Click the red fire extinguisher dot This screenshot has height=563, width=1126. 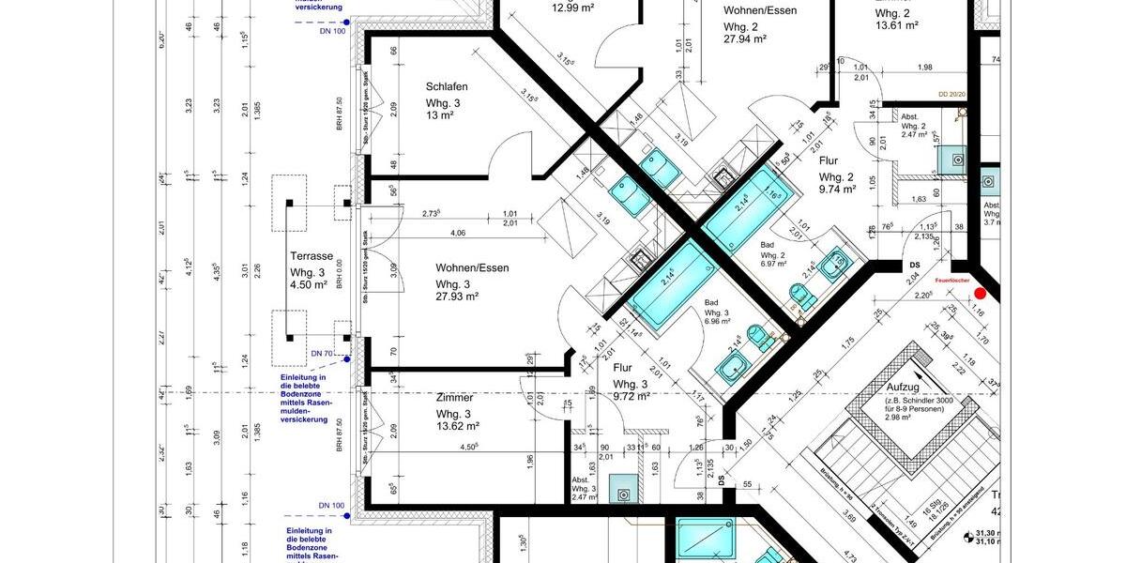(980, 294)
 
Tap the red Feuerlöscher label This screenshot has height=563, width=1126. (951, 280)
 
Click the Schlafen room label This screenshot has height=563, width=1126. (446, 86)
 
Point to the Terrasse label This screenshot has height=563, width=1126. (312, 256)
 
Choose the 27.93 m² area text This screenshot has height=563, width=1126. (457, 297)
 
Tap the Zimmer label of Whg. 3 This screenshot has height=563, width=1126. (455, 398)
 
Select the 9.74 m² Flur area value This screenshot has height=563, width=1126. (837, 189)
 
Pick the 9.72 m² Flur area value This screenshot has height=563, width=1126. (631, 397)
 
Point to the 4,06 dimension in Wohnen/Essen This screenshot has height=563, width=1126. (458, 233)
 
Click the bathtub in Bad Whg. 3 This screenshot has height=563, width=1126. (668, 284)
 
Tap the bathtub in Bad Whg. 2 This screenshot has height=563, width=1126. (748, 211)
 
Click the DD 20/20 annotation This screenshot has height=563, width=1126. (951, 95)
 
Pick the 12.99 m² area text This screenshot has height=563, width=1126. (572, 8)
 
